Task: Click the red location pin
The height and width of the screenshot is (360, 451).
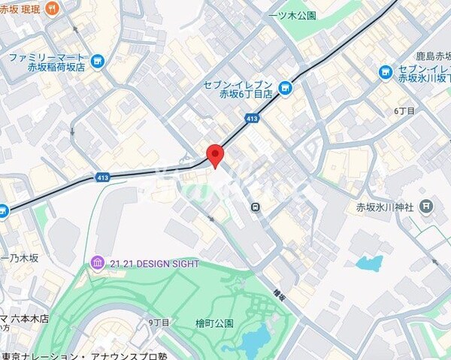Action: click(x=216, y=155)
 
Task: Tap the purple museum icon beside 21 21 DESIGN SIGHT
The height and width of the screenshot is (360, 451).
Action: click(x=97, y=263)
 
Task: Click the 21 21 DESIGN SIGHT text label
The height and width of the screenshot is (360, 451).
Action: click(x=154, y=264)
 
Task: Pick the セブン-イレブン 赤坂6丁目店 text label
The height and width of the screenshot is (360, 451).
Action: click(x=238, y=89)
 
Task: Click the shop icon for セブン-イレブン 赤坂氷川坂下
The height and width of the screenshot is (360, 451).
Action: click(x=386, y=72)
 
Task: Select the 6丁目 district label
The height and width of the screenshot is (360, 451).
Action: click(x=404, y=110)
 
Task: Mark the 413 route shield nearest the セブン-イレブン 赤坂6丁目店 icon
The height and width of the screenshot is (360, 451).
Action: click(x=252, y=118)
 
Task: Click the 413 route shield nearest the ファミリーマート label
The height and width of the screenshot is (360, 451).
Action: click(x=103, y=177)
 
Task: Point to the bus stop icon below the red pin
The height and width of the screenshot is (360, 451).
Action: click(x=256, y=207)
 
